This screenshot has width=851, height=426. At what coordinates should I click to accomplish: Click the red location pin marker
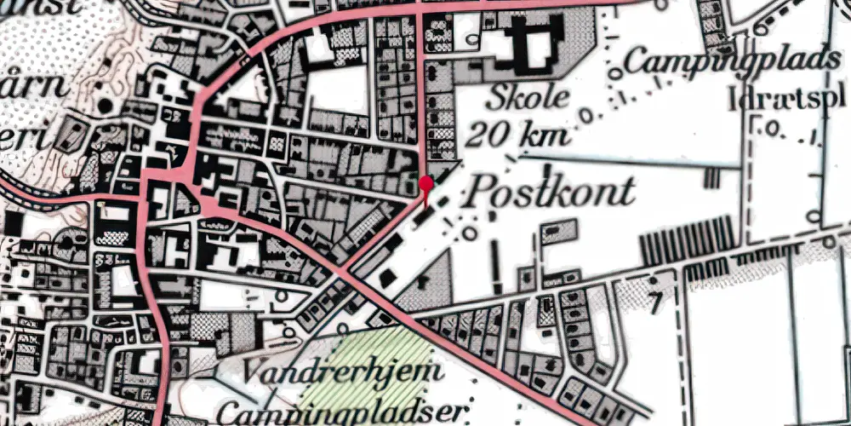[426, 183]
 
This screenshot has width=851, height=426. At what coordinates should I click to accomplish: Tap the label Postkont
[549, 192]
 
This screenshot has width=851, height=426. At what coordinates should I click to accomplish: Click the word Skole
[528, 98]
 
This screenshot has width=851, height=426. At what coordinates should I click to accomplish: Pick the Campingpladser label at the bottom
[342, 412]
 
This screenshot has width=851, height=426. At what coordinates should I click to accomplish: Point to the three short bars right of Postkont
[711, 178]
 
